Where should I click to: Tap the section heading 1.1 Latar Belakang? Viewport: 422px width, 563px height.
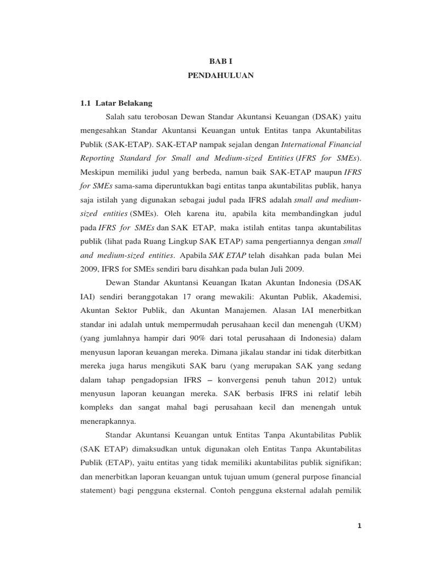click(x=116, y=103)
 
